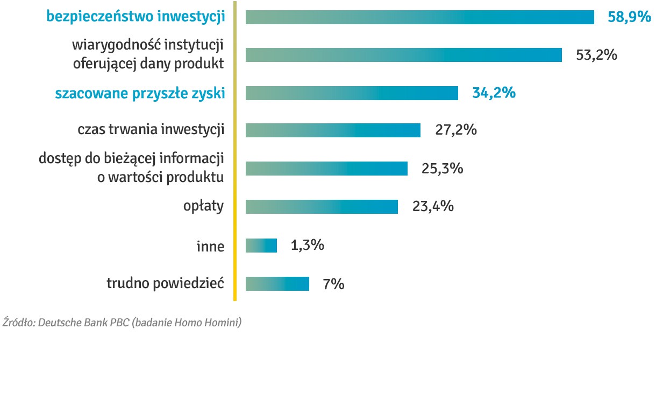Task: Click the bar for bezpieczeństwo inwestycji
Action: (419, 17)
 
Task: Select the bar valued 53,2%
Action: (403, 55)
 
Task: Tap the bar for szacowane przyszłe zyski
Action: (352, 93)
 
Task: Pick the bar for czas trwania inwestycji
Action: (333, 130)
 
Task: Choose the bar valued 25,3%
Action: (326, 169)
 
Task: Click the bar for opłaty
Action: (322, 207)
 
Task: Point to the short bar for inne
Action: (261, 246)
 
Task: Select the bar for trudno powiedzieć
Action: (277, 284)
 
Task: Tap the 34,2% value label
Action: (494, 93)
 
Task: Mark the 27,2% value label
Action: (456, 130)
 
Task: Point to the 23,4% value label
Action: (433, 206)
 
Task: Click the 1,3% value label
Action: (307, 246)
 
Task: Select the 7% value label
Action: (333, 284)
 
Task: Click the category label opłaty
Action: (204, 207)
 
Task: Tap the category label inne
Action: (210, 246)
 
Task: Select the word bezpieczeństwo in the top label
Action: (100, 17)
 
